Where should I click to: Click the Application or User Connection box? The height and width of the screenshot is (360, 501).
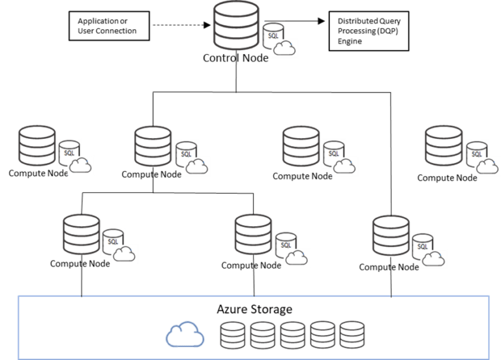click(107, 26)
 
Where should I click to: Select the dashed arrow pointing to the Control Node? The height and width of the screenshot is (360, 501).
click(176, 26)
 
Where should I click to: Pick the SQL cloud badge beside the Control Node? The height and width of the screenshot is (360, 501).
click(280, 40)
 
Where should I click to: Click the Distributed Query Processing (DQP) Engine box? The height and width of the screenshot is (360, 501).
click(369, 31)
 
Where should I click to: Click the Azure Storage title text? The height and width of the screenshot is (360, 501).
click(254, 309)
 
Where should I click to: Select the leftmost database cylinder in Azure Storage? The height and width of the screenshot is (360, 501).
click(232, 335)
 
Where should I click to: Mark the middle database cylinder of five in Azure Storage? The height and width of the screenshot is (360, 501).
click(292, 335)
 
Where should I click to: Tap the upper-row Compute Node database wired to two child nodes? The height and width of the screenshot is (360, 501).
click(153, 148)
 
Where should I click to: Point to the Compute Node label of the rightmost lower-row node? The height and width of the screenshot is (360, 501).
click(389, 267)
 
